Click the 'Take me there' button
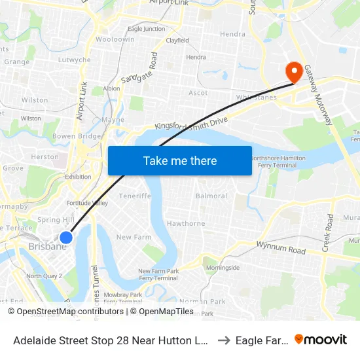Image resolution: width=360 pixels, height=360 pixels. (179, 160)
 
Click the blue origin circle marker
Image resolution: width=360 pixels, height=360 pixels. (66, 237)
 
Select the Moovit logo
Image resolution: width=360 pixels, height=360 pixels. (321, 339)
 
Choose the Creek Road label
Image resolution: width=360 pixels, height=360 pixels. (329, 232)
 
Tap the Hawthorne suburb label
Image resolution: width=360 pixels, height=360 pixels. (185, 223)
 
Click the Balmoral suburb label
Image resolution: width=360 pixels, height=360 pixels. (211, 196)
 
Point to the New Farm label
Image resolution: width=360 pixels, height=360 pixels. (133, 237)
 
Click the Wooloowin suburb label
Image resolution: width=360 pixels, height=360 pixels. (115, 39)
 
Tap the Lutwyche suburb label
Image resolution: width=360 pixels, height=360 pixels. (75, 60)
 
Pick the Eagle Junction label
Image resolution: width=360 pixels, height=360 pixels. (147, 29)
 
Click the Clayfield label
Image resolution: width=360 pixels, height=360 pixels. (177, 41)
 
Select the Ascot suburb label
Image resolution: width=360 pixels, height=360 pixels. (198, 93)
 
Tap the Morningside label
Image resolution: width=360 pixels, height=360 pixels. (223, 268)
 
